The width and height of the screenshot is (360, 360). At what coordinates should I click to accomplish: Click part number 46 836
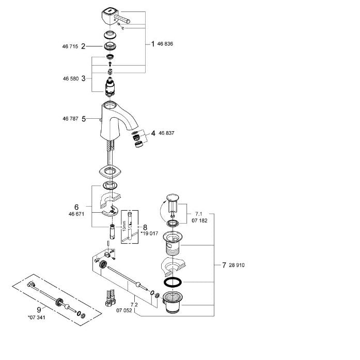coord(165,43)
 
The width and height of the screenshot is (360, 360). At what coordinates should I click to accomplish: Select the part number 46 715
coord(70,46)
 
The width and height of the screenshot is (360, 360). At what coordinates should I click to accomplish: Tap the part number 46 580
coord(71,79)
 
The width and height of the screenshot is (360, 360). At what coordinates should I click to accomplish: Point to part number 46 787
coord(70,118)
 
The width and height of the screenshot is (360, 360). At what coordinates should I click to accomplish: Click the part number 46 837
coord(166,133)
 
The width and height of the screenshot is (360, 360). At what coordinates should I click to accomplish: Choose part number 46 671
coord(76,214)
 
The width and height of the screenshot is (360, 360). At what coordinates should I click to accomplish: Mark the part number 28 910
coord(237,265)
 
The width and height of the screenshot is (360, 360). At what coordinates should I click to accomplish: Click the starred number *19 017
coord(149,233)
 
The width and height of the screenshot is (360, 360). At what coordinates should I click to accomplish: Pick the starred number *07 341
coord(37,318)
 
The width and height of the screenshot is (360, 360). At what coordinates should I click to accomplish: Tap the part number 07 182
coord(199,221)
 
